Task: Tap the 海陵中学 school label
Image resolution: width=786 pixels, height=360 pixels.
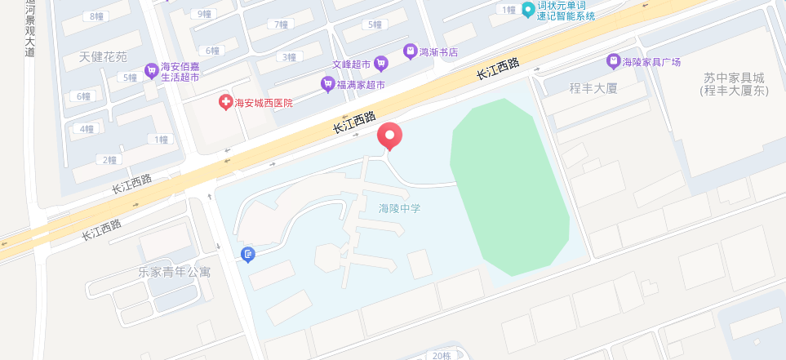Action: [399, 209]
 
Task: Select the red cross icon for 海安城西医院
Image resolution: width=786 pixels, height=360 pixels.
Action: [224, 103]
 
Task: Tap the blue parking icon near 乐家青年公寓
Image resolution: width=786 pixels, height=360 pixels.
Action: [249, 256]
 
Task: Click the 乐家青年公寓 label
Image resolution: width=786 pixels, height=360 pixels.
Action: [175, 272]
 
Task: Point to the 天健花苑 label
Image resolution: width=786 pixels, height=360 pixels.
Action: [104, 57]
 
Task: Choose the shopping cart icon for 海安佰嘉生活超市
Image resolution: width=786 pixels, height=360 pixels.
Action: [151, 71]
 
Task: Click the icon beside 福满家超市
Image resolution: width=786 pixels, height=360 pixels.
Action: [327, 84]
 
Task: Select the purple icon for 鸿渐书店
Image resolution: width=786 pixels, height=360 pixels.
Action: [409, 51]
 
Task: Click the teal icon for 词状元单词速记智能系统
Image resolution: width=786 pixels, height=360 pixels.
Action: [528, 10]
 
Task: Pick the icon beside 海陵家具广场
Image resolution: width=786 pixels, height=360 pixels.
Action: [612, 61]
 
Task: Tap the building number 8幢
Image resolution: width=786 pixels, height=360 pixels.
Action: [97, 16]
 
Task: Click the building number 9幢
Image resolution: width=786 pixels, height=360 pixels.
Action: [201, 14]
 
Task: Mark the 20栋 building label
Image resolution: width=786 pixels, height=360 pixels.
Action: [441, 355]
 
